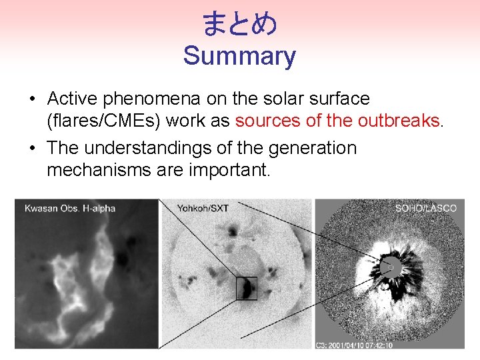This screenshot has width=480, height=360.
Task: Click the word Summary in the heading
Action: click(x=239, y=56)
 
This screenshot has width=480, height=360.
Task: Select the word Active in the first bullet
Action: click(x=71, y=99)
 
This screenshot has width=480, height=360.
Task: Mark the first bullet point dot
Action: click(x=32, y=99)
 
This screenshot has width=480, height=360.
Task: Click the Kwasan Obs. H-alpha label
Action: click(x=70, y=208)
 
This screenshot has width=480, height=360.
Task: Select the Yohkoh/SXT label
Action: click(x=203, y=208)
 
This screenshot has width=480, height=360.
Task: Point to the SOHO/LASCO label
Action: click(x=426, y=208)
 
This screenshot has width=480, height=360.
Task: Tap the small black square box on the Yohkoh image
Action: click(x=246, y=288)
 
